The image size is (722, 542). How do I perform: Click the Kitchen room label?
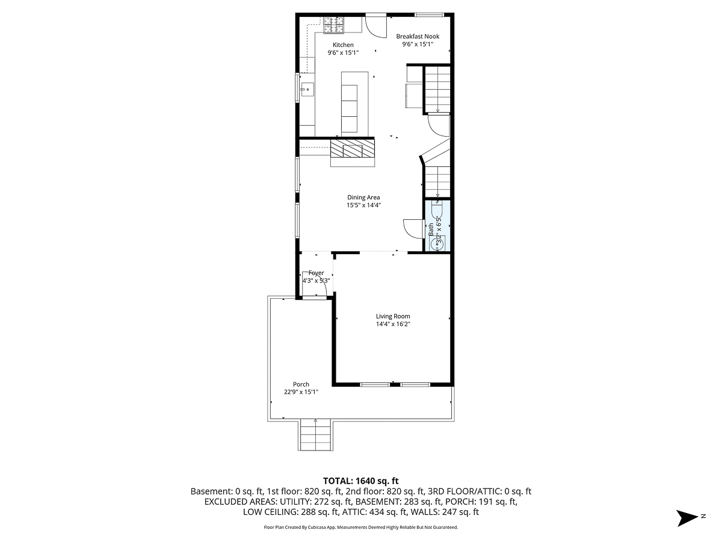point(343,45)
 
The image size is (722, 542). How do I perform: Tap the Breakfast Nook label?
point(418,36)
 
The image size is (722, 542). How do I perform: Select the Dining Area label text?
point(363,197)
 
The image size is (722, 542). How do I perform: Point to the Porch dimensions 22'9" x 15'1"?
point(301,392)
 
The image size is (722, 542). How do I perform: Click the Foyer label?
point(316,273)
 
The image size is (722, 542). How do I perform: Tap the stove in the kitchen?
point(333,25)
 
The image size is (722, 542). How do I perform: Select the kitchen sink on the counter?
point(306,90)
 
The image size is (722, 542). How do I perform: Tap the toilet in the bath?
point(437,211)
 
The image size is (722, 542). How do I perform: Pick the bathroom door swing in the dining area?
point(413,228)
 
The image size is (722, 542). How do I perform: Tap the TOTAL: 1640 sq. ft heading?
point(361,481)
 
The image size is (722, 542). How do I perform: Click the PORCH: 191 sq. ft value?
point(485,502)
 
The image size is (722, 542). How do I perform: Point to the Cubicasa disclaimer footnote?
point(361,528)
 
